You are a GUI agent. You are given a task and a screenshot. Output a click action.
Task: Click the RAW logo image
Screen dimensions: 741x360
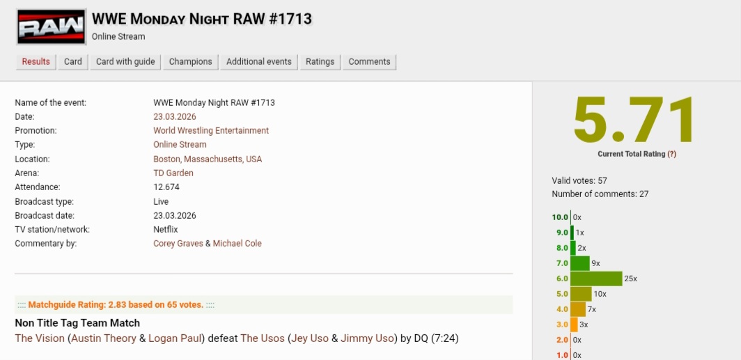tap(51, 27)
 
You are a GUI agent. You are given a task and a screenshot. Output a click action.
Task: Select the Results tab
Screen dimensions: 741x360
tap(36, 62)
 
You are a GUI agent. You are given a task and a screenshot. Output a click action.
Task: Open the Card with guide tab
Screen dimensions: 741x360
tap(125, 62)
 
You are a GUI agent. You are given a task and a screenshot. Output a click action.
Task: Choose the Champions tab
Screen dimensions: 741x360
tap(190, 62)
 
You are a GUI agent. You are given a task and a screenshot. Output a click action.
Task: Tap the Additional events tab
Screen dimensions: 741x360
tap(259, 62)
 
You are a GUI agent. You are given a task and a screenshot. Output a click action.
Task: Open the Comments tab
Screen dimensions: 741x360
tap(370, 62)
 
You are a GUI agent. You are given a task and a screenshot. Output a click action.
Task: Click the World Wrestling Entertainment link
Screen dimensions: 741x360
tap(211, 131)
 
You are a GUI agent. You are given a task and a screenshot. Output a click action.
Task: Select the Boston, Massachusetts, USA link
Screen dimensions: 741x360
tap(208, 159)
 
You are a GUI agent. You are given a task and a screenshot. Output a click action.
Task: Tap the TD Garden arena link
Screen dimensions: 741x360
tap(173, 173)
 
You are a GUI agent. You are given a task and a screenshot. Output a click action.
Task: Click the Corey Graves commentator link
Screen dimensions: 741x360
tap(178, 244)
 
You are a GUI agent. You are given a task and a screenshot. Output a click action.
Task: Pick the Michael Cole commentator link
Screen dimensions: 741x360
tap(237, 244)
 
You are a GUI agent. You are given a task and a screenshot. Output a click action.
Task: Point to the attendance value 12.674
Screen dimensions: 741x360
tap(166, 187)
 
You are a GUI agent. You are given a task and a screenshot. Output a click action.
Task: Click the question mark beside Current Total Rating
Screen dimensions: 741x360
tap(671, 154)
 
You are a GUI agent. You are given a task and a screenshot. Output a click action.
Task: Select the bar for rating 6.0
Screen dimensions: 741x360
tap(596, 279)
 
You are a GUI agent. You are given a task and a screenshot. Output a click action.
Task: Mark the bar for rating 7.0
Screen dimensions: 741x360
tap(580, 263)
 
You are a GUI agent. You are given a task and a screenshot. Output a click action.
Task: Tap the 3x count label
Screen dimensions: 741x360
tap(584, 324)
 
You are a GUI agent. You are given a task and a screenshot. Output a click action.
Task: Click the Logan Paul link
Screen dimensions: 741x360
tap(175, 338)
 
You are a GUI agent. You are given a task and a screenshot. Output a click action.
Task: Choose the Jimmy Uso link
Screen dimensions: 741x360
tap(367, 338)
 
